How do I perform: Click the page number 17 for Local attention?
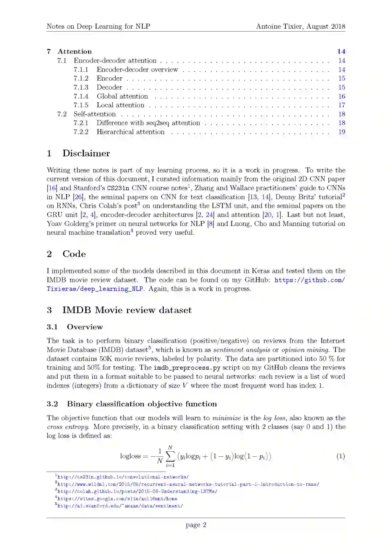pyautogui.click(x=342, y=105)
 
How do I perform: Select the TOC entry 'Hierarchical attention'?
pyautogui.click(x=130, y=132)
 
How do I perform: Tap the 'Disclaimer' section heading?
pyautogui.click(x=86, y=153)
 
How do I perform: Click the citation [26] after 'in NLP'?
pyautogui.click(x=78, y=197)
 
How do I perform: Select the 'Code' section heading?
pyautogui.click(x=74, y=254)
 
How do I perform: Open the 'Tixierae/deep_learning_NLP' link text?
pyautogui.click(x=95, y=289)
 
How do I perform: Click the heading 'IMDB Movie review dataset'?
pyautogui.click(x=127, y=310)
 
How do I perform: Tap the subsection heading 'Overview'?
pyautogui.click(x=85, y=327)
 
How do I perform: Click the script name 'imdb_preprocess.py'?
pyautogui.click(x=187, y=368)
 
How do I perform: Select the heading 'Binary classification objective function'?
pyautogui.click(x=142, y=404)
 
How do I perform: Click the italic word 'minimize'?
pyautogui.click(x=226, y=418)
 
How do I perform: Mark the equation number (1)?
pyautogui.click(x=340, y=456)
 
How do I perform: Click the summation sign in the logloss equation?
pyautogui.click(x=170, y=456)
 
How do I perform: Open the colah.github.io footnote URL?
pyautogui.click(x=137, y=492)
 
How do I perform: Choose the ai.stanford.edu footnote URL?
pyautogui.click(x=120, y=506)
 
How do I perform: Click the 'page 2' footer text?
pyautogui.click(x=196, y=525)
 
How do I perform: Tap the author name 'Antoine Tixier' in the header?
pyautogui.click(x=279, y=26)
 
